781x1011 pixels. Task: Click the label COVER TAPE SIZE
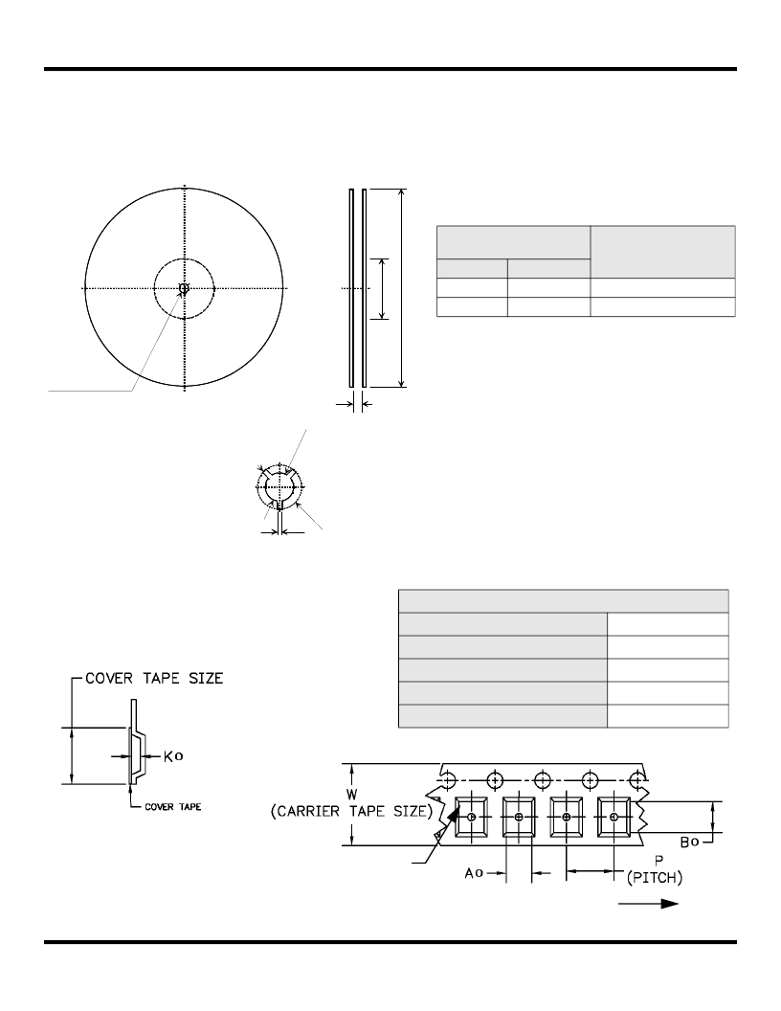click(154, 678)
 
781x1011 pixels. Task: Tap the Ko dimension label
click(173, 755)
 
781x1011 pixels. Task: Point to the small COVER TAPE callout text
click(172, 807)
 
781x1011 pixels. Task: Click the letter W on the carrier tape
click(352, 794)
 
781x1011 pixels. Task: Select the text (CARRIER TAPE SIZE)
click(351, 811)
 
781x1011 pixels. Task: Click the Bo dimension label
click(689, 842)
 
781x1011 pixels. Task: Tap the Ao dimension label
click(474, 873)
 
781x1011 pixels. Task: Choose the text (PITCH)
click(654, 878)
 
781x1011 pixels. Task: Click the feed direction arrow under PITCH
click(648, 904)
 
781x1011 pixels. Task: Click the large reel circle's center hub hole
click(184, 288)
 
